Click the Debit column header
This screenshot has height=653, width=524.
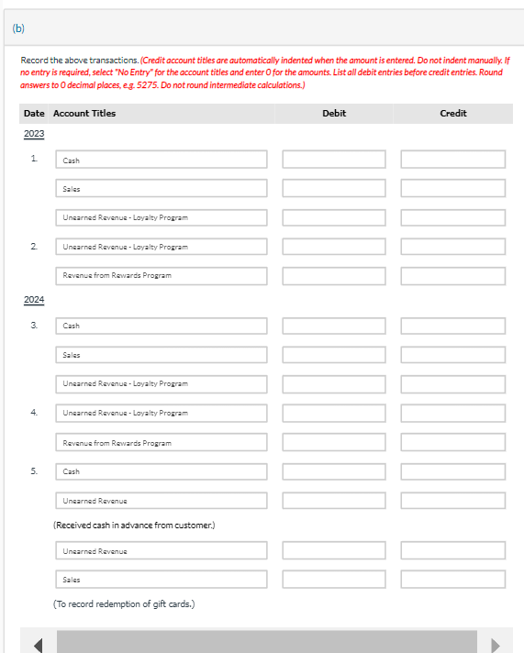334,113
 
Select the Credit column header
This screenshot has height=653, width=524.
452,113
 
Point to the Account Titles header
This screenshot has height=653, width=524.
84,113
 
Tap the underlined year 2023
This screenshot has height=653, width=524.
34,134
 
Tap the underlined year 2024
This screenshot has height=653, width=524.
34,300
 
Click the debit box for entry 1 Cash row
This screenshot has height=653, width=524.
334,160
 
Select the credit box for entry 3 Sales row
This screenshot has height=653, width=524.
452,354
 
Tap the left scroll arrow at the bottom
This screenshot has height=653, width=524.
39,644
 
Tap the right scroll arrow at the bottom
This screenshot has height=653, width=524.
496,644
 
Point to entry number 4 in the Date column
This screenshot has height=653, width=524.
34,413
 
